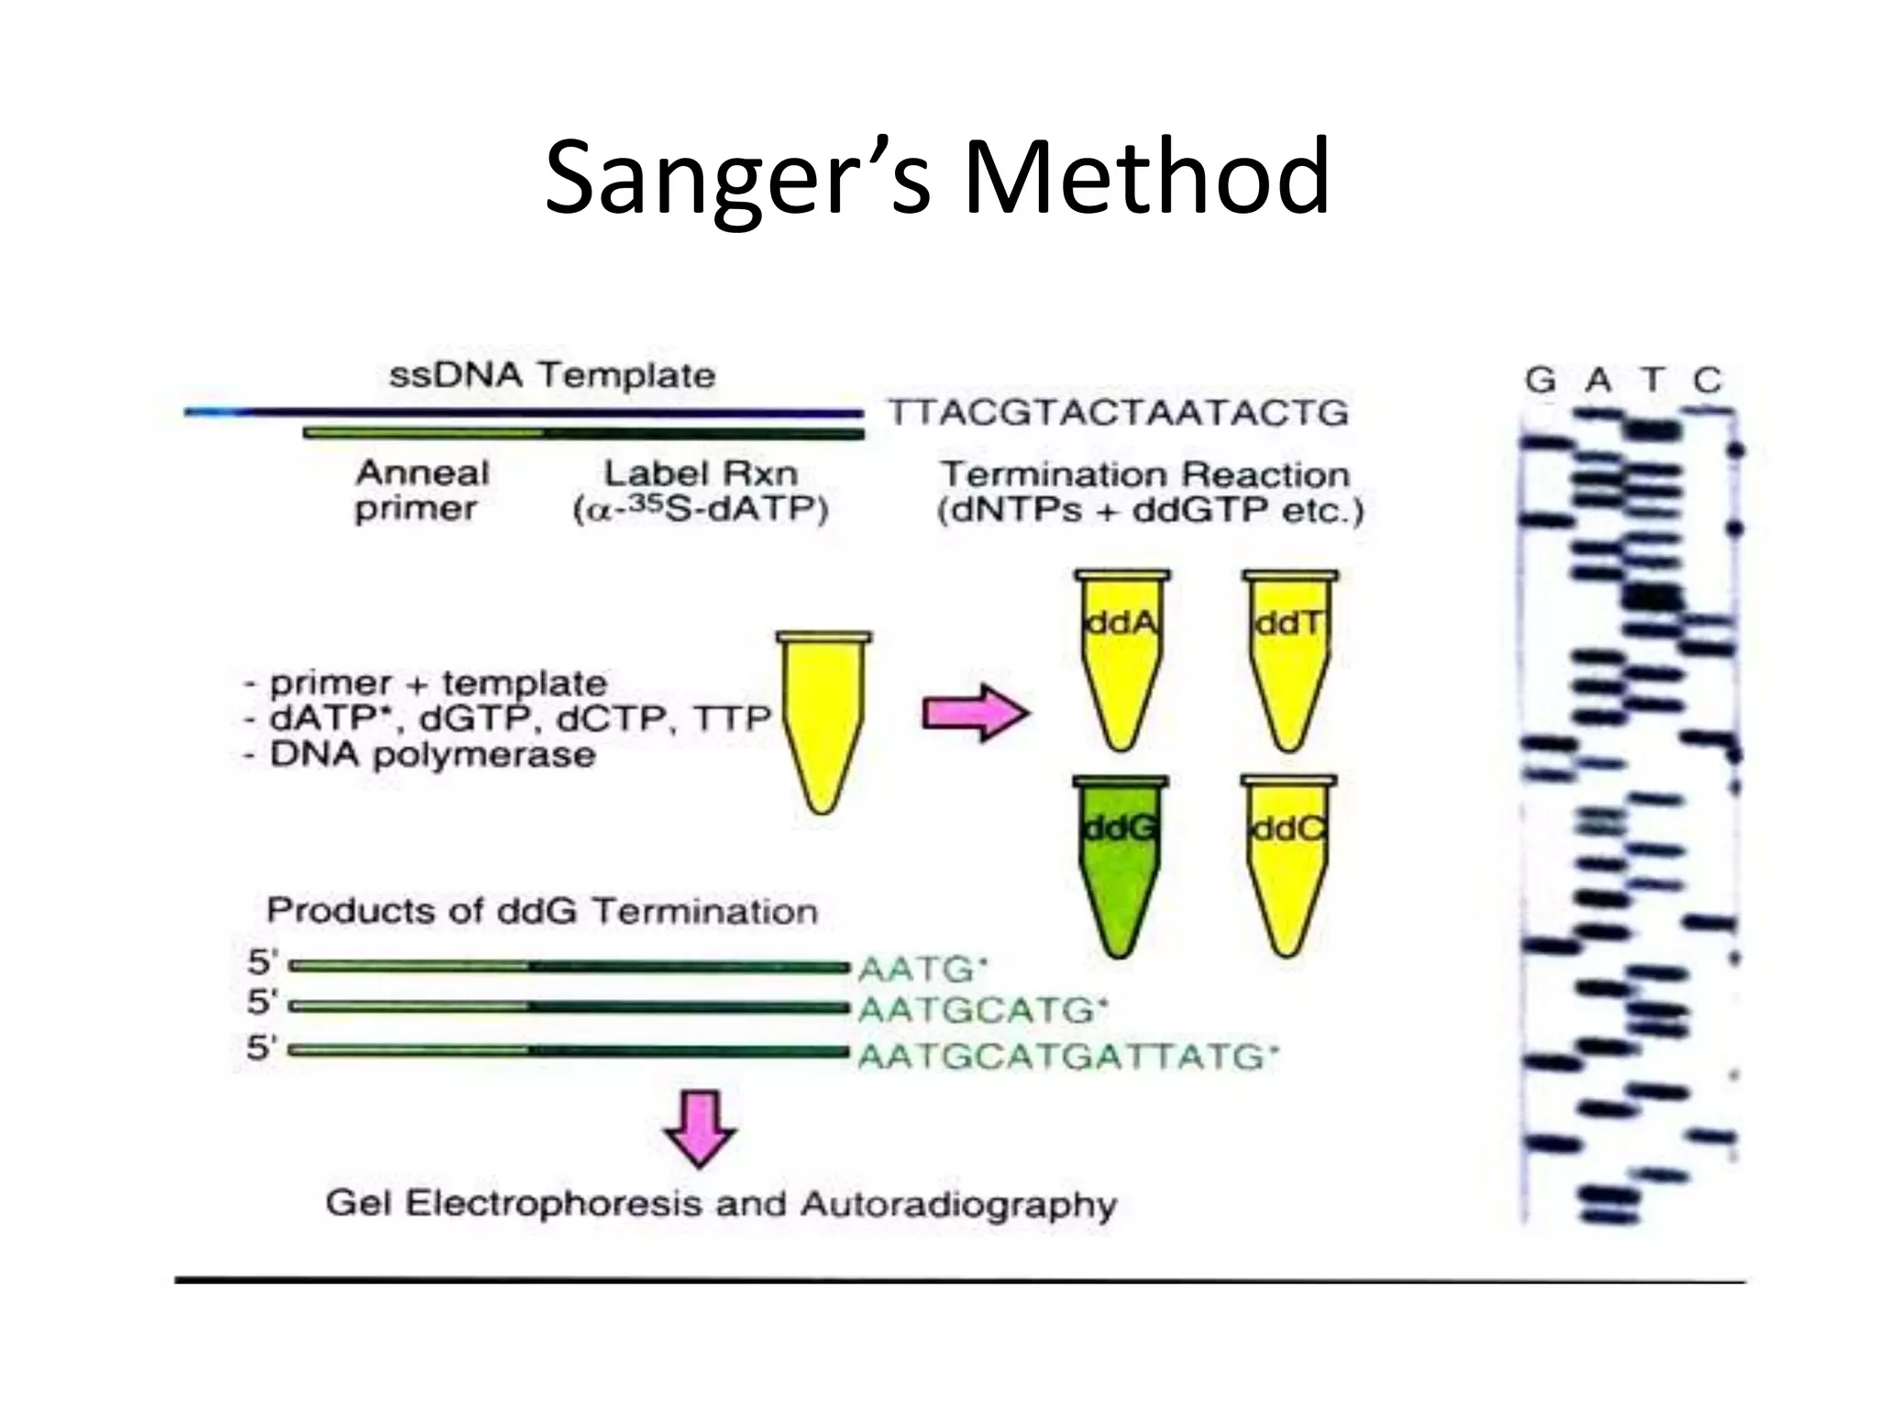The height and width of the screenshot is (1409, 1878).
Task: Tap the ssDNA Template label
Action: (x=552, y=375)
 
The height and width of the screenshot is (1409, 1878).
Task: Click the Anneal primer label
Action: (x=422, y=491)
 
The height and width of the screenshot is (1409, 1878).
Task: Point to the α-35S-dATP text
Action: (x=701, y=510)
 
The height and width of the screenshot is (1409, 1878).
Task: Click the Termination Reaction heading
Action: (x=1145, y=474)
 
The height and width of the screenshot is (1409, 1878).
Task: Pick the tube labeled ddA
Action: (x=1121, y=660)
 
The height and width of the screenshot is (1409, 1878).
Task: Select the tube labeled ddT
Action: (x=1289, y=660)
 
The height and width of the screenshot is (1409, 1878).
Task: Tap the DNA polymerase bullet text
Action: (x=432, y=756)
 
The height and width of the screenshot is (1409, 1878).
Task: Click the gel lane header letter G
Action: (x=1541, y=380)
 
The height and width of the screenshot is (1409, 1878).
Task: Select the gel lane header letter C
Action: (x=1707, y=380)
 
